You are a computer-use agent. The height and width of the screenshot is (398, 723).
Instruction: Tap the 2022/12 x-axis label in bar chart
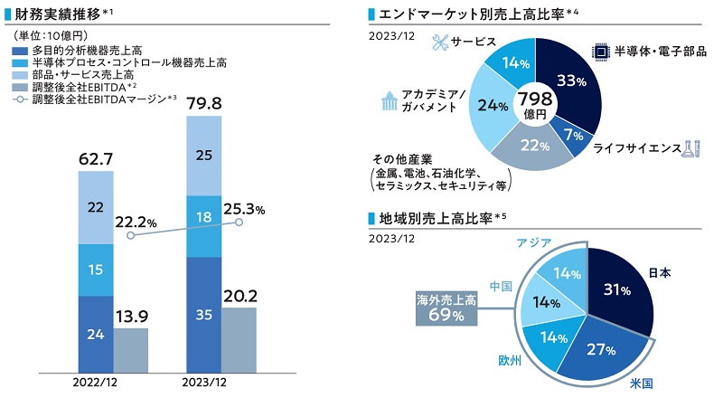click(x=95, y=382)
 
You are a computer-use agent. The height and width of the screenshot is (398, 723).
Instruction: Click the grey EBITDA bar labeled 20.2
click(x=239, y=339)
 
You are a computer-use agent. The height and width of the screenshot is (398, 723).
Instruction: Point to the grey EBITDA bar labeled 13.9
click(x=131, y=349)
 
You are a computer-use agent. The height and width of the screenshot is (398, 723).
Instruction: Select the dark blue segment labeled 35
click(x=203, y=314)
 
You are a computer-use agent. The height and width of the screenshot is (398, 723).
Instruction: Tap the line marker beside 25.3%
click(x=239, y=222)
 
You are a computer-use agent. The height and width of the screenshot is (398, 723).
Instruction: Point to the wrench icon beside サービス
click(x=439, y=43)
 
